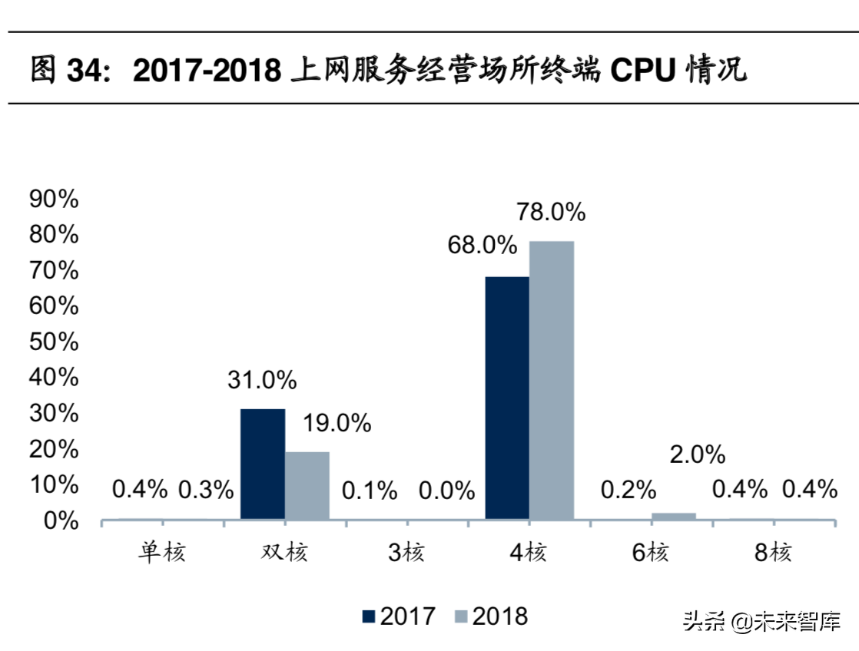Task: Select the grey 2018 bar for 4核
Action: tap(552, 380)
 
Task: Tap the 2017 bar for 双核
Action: tap(263, 464)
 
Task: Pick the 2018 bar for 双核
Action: tap(307, 485)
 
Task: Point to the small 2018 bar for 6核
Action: tap(674, 516)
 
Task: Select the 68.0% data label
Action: tap(483, 246)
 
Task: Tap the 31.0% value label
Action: tap(262, 379)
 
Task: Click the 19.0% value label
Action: tap(337, 423)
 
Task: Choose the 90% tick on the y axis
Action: tap(54, 200)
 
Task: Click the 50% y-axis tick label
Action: tap(54, 342)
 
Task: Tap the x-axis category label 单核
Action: tap(162, 552)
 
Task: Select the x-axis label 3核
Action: tap(406, 552)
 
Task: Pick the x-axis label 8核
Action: tap(772, 552)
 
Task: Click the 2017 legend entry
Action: tap(399, 616)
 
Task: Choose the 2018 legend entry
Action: tap(491, 616)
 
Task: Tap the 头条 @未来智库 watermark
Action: tap(761, 621)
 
